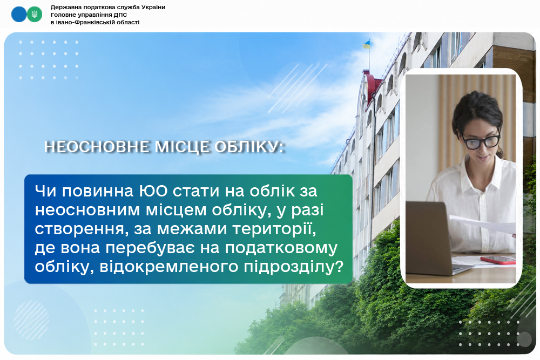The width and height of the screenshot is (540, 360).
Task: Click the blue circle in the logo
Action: pyautogui.click(x=19, y=15)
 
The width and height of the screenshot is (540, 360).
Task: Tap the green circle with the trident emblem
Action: pyautogui.click(x=35, y=15)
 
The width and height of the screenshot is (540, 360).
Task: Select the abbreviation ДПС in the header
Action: pyautogui.click(x=120, y=15)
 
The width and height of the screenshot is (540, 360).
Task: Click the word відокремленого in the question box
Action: pyautogui.click(x=169, y=267)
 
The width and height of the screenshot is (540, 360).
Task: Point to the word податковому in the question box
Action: pyautogui.click(x=281, y=248)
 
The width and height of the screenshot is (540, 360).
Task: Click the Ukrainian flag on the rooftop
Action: pyautogui.click(x=367, y=44)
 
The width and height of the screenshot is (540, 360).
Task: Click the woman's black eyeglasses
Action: pyautogui.click(x=481, y=141)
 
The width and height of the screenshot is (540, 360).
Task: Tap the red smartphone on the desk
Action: pyautogui.click(x=498, y=260)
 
